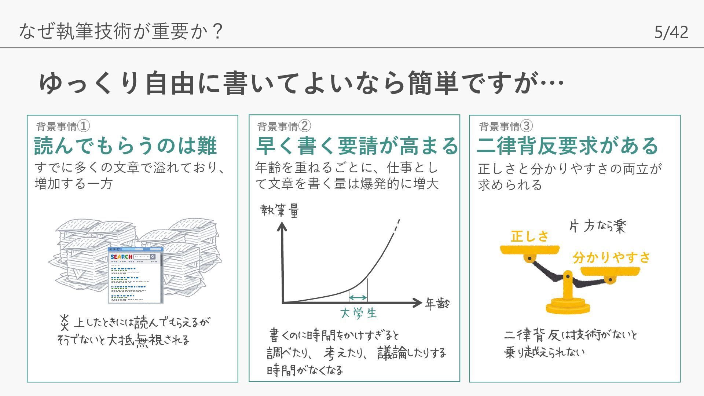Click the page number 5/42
[x=671, y=32]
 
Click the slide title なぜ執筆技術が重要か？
[x=121, y=31]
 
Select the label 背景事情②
[x=284, y=126]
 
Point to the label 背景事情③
[x=506, y=126]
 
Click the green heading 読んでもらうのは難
[x=125, y=146]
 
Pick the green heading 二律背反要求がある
[x=567, y=146]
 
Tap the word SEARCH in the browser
[x=121, y=257]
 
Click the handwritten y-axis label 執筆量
[x=280, y=211]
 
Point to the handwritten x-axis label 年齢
[x=437, y=304]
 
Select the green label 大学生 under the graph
[x=358, y=313]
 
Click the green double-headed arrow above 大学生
[x=358, y=297]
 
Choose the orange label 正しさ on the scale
[x=529, y=236]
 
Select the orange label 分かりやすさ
[x=611, y=257]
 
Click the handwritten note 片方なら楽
[x=597, y=226]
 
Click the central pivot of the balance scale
[x=568, y=276]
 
